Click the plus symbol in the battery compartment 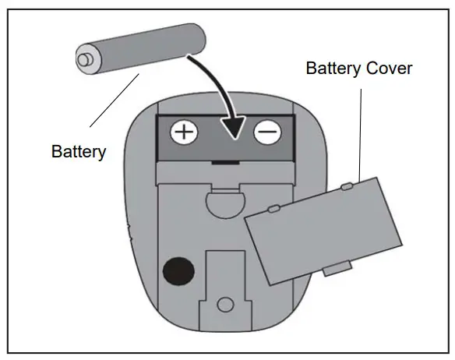click(x=185, y=132)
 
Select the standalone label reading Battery click(x=78, y=151)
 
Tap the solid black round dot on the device click(x=178, y=270)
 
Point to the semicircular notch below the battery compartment click(x=227, y=202)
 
